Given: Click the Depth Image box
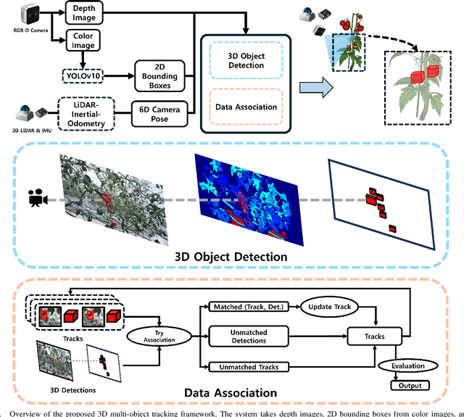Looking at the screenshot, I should [89, 13].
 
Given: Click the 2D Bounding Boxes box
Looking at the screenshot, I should [162, 75].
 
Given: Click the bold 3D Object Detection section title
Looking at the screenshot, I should [231, 256].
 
